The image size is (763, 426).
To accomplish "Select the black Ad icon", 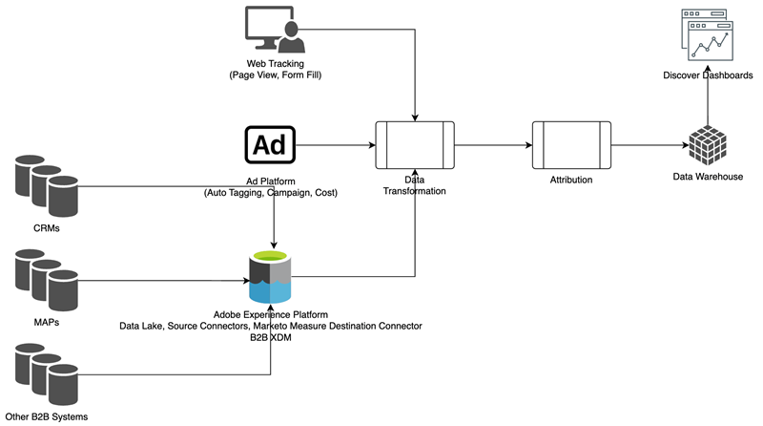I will click(x=270, y=145).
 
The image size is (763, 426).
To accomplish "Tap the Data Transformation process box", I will click(x=415, y=145).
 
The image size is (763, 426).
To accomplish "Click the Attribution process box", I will click(x=570, y=145).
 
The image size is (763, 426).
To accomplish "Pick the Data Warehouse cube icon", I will click(x=708, y=146).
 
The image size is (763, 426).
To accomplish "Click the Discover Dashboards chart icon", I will click(x=707, y=36).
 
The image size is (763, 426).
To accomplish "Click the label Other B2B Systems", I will click(x=47, y=417).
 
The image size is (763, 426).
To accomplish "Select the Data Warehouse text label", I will click(x=708, y=178).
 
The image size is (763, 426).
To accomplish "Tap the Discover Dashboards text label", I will click(x=707, y=75).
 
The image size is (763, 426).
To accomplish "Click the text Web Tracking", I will click(x=274, y=63).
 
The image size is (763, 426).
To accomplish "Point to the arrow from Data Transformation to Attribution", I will click(x=492, y=145).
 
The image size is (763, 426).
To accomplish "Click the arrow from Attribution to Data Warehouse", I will click(x=649, y=145).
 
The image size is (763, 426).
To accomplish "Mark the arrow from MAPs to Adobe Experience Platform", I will click(x=162, y=282).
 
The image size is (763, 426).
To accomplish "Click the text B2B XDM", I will click(x=270, y=338).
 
